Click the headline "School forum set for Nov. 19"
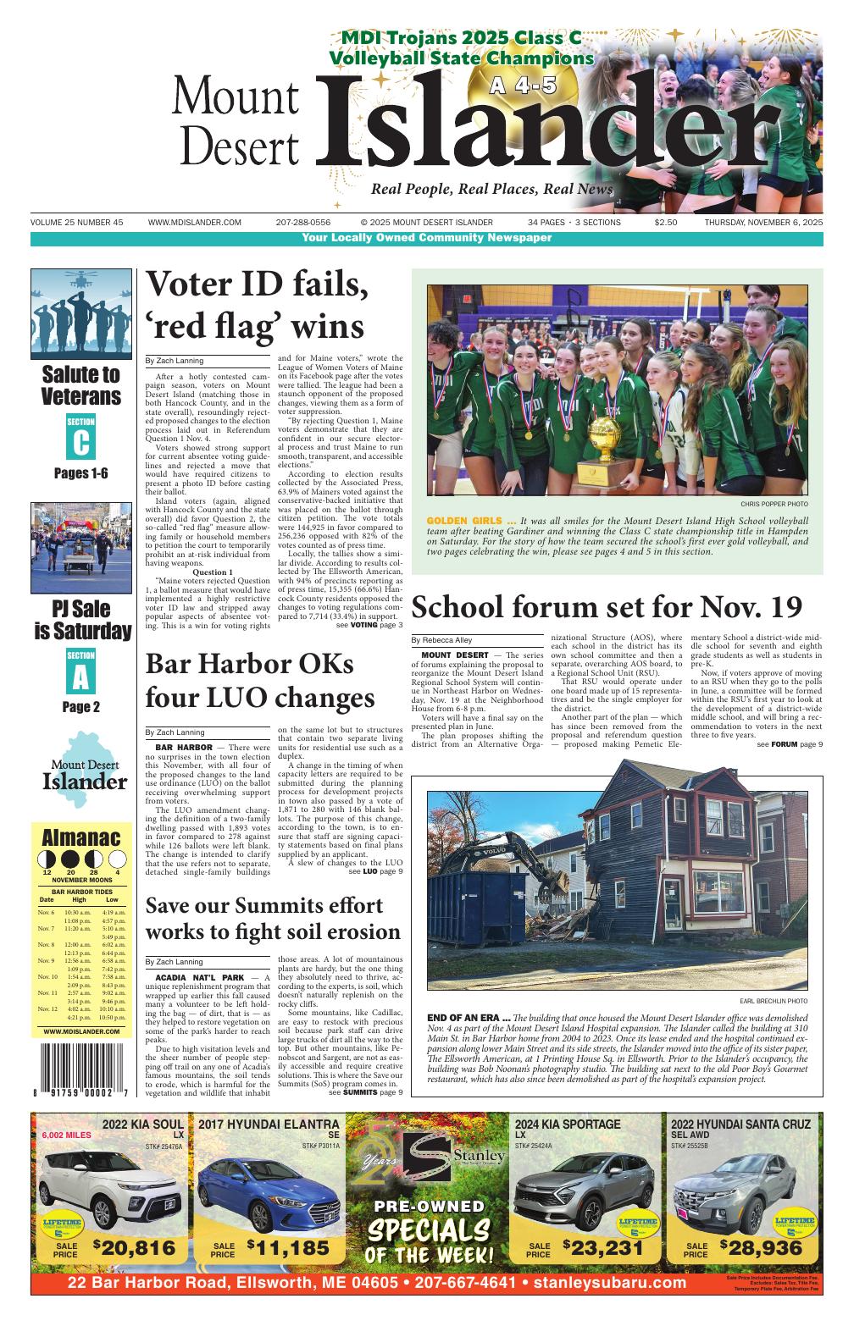pyautogui.click(x=606, y=608)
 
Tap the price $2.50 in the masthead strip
pyautogui.click(x=665, y=223)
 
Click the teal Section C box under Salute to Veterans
pyautogui.click(x=81, y=437)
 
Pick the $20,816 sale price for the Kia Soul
pyautogui.click(x=135, y=1247)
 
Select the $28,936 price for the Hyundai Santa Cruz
pyautogui.click(x=761, y=1247)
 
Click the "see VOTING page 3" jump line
pyautogui.click(x=369, y=626)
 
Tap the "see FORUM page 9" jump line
pyautogui.click(x=790, y=744)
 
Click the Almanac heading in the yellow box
pyautogui.click(x=81, y=838)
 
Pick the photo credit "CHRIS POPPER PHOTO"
pyautogui.click(x=774, y=504)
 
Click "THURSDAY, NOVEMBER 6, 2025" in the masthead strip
pyautogui.click(x=763, y=223)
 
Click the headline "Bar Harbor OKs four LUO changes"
pyautogui.click(x=260, y=681)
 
